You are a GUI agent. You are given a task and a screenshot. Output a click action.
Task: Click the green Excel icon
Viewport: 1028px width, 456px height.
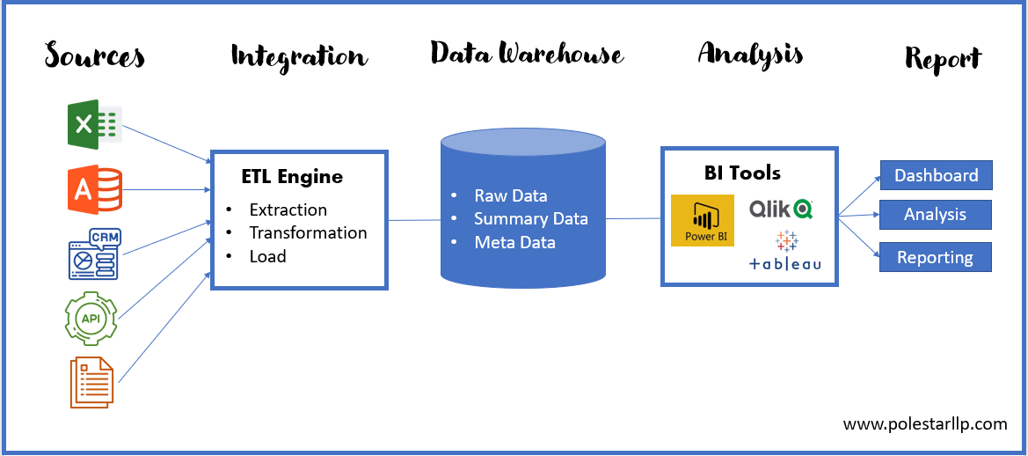[x=94, y=125]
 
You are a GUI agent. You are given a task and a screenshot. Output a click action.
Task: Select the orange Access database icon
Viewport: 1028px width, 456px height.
[x=94, y=189]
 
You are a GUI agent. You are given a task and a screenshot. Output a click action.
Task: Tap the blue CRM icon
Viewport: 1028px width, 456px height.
[x=94, y=254]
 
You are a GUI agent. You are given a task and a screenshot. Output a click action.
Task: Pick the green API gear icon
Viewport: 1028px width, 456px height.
[x=91, y=318]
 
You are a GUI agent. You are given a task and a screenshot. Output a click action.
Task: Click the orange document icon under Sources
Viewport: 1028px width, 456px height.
[x=91, y=382]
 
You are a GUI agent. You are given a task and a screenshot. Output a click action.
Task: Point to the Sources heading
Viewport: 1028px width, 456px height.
[x=95, y=56]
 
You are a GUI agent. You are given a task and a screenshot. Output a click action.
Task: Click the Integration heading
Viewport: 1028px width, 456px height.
[x=298, y=57]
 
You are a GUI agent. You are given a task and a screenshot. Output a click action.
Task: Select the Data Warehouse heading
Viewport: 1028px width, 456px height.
[x=527, y=54]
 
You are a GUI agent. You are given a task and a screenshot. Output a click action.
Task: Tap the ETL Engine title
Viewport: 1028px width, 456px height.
[x=292, y=177]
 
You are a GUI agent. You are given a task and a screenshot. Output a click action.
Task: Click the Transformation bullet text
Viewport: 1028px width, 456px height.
[x=308, y=232]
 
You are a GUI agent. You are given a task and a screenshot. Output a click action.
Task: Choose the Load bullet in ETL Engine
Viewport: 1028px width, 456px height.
[x=267, y=256]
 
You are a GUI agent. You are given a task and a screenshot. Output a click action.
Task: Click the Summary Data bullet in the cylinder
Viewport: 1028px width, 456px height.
[x=530, y=218]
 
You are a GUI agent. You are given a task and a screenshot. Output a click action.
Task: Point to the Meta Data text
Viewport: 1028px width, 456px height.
[x=514, y=242]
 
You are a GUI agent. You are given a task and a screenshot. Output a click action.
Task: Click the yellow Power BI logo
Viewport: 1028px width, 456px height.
[x=702, y=220]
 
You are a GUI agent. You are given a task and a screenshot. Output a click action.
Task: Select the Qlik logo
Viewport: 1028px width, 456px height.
[x=780, y=209]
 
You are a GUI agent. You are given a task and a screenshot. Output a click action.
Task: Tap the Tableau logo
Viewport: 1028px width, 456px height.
[x=785, y=252]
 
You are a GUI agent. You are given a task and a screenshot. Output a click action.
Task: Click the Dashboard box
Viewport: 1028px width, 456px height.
[x=936, y=175]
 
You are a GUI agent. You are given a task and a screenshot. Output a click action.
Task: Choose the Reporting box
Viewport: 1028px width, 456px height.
[x=935, y=257]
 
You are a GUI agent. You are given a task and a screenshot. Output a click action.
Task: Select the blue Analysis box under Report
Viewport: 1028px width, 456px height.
[x=935, y=215]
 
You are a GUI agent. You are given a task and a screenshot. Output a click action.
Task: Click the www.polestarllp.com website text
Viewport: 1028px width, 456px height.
[x=924, y=423]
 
